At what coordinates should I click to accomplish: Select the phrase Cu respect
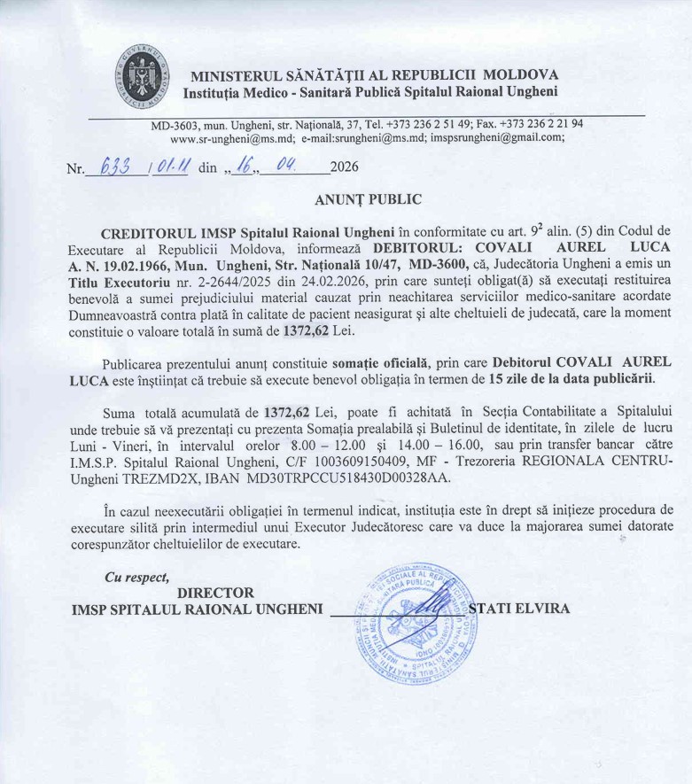136,577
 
